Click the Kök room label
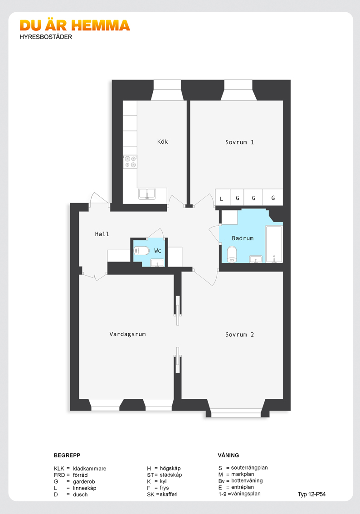tap(162, 141)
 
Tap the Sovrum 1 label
tap(239, 142)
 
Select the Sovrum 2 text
tap(239, 335)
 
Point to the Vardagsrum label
tap(127, 334)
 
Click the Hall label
tap(102, 234)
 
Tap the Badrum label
tap(243, 238)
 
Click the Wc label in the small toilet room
tap(158, 251)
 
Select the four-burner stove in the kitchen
tap(130, 162)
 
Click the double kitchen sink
tap(147, 194)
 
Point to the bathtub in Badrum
tap(274, 244)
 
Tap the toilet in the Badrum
tap(232, 254)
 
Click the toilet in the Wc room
tap(141, 251)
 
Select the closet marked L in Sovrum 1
tap(223, 197)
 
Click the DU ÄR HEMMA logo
tap(75, 25)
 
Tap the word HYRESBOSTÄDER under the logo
tap(46, 37)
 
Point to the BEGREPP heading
tap(67, 456)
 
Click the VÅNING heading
tap(228, 456)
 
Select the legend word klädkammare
tap(89, 469)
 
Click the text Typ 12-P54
tap(311, 495)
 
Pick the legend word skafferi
tap(169, 495)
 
